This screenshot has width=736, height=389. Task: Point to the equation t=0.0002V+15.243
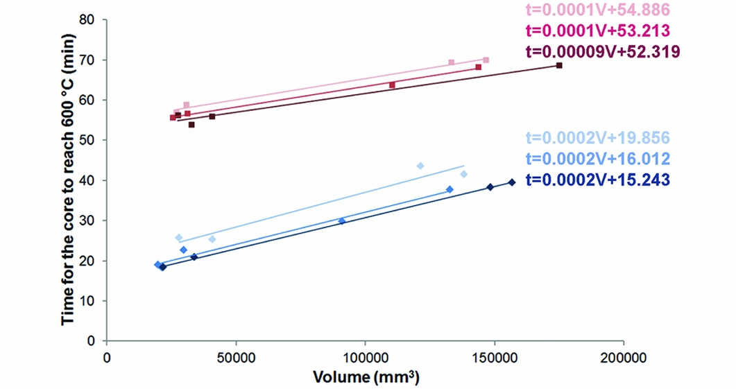click(598, 179)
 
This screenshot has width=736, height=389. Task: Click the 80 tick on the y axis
click(90, 20)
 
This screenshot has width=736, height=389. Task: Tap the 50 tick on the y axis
click(90, 141)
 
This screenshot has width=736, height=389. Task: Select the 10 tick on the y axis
click(90, 301)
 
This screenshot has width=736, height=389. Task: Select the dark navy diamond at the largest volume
click(512, 182)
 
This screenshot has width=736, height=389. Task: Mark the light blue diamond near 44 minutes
click(420, 166)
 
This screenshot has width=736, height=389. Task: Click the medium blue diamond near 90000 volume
click(341, 221)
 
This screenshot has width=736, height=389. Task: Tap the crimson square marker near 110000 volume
click(392, 85)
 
